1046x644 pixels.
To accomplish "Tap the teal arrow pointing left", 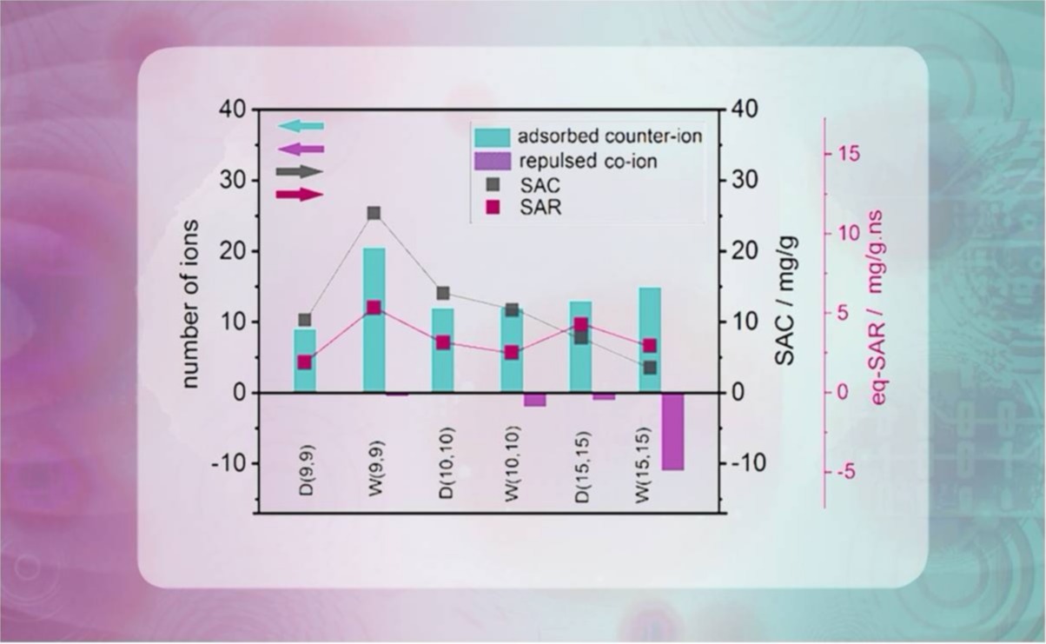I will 301,126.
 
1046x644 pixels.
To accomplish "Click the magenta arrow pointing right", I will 300,195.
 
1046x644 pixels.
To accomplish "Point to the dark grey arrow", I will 300,172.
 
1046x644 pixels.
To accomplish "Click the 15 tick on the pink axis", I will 847,154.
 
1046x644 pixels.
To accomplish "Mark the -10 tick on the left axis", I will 229,463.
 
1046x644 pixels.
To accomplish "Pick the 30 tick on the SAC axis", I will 746,181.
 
